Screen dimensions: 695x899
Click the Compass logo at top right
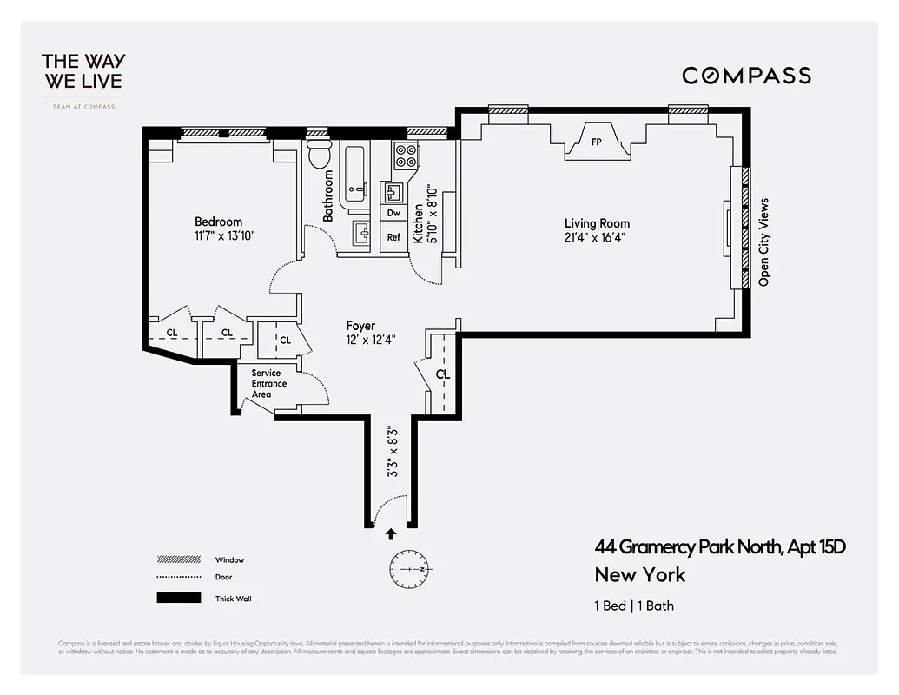[746, 76]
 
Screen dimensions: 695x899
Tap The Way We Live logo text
[83, 71]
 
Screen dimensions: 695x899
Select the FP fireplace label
[597, 141]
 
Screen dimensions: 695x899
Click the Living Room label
[597, 223]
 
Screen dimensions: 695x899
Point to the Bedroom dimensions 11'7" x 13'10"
[225, 235]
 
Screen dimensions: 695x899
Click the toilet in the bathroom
[319, 155]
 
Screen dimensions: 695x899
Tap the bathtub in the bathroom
[354, 177]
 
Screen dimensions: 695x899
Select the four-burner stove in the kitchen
[406, 156]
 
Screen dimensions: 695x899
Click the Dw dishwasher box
[393, 213]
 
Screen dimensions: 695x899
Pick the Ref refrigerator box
[393, 236]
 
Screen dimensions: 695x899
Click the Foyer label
[360, 327]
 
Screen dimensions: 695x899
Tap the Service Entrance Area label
[266, 383]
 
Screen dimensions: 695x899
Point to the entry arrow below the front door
[391, 534]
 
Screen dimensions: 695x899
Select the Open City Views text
[764, 242]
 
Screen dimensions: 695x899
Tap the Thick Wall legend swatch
[174, 598]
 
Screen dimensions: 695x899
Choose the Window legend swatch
[174, 559]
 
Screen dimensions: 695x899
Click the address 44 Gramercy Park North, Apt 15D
[720, 546]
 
